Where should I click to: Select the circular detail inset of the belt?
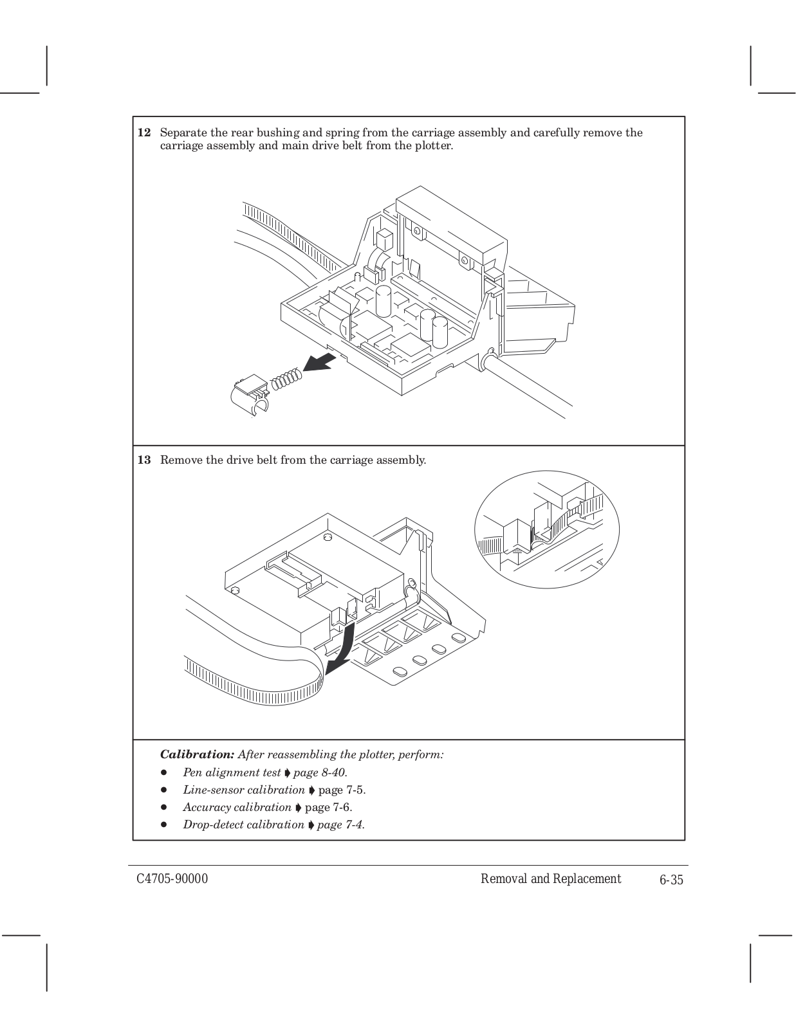tap(546, 529)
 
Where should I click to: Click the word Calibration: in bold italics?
tap(197, 754)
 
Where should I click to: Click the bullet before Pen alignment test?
tap(165, 772)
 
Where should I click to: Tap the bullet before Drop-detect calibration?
tap(165, 824)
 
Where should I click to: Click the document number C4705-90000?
tap(172, 880)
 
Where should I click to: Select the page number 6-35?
tap(671, 880)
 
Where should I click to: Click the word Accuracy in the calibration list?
tap(207, 807)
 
